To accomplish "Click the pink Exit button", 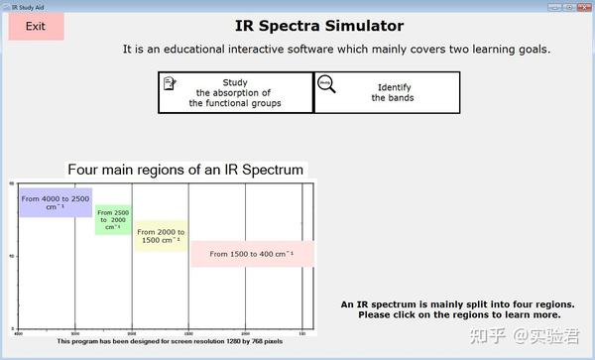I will (x=36, y=27).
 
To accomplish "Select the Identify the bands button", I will (x=387, y=92).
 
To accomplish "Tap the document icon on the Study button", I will (x=171, y=83).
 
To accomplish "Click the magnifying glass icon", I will (x=326, y=84).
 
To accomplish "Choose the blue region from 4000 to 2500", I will (x=56, y=202).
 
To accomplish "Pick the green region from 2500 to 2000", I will (x=113, y=219).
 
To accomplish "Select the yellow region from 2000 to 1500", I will (x=159, y=236).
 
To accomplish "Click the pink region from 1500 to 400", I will (x=252, y=254).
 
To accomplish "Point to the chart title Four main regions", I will (x=185, y=170).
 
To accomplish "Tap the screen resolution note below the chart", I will (x=170, y=341).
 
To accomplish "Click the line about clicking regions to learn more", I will (x=459, y=314).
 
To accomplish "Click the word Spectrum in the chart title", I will (x=269, y=170).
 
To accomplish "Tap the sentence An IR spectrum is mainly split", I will (x=457, y=303).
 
